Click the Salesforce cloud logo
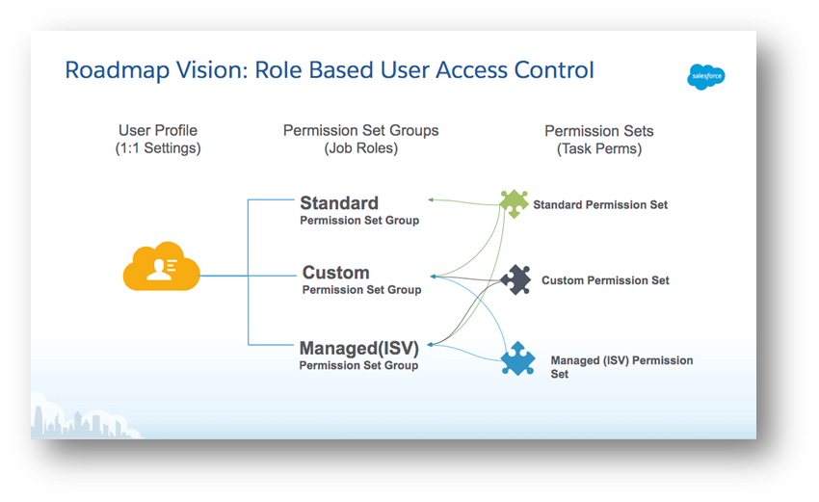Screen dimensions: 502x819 [x=706, y=77]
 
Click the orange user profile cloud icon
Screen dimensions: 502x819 [x=160, y=267]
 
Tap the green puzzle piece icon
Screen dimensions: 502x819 [x=514, y=202]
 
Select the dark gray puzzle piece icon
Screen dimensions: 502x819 [x=515, y=279]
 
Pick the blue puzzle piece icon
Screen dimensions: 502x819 [x=516, y=359]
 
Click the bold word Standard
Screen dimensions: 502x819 [x=339, y=203]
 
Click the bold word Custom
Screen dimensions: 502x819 [x=336, y=274]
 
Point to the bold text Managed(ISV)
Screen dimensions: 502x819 [x=359, y=349]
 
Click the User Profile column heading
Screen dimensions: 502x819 [x=159, y=131]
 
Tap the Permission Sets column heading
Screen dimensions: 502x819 [x=598, y=131]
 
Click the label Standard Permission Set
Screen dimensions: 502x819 [x=600, y=204]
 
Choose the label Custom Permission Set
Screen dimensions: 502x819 [x=605, y=280]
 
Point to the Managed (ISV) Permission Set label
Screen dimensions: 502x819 [x=621, y=366]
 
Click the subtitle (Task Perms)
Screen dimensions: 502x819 [x=598, y=149]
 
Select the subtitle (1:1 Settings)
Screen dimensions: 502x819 [x=158, y=149]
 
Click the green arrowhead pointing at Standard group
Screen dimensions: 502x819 [x=431, y=199]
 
